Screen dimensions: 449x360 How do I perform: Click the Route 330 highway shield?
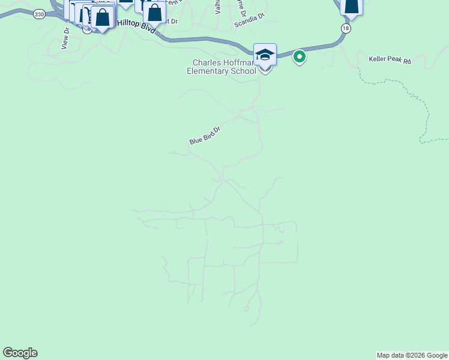tap(38, 14)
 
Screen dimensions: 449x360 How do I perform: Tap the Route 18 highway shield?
tap(345, 28)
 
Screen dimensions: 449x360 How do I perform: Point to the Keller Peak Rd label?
tap(390, 61)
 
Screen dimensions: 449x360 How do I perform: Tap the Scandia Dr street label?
tap(249, 19)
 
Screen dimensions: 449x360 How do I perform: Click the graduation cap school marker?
tap(265, 55)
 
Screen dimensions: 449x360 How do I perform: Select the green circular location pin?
tap(299, 57)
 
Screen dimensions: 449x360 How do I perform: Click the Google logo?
tap(20, 353)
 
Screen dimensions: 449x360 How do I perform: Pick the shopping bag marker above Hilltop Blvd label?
tap(155, 11)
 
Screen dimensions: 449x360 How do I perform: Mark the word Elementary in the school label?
tap(208, 71)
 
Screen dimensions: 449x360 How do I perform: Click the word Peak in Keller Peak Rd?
tap(392, 61)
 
